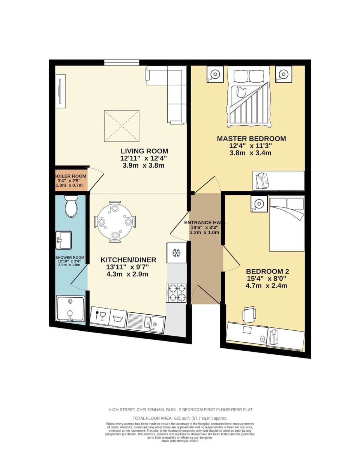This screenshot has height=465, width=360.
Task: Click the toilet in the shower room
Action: pyautogui.click(x=71, y=206)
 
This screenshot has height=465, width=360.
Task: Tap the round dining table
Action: pyautogui.click(x=115, y=222)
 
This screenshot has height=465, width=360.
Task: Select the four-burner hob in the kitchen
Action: pyautogui.click(x=176, y=293)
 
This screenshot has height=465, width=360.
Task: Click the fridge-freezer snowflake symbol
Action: pyautogui.click(x=176, y=253)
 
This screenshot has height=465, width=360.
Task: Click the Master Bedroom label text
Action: pyautogui.click(x=251, y=139)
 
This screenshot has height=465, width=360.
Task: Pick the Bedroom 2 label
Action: pyautogui.click(x=267, y=271)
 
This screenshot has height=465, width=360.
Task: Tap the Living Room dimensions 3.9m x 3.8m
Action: pyautogui.click(x=143, y=165)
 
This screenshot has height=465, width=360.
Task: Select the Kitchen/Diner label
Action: pyautogui.click(x=128, y=260)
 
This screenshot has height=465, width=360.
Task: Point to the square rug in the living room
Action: pyautogui.click(x=121, y=126)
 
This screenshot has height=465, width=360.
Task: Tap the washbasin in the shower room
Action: pyautogui.click(x=64, y=240)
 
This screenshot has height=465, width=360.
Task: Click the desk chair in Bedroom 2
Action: pyautogui.click(x=249, y=314)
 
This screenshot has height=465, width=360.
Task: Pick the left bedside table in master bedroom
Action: pyautogui.click(x=215, y=74)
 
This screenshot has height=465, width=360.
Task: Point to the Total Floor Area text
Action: pyautogui.click(x=180, y=418)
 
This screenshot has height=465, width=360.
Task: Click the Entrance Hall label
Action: pyautogui.click(x=204, y=223)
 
